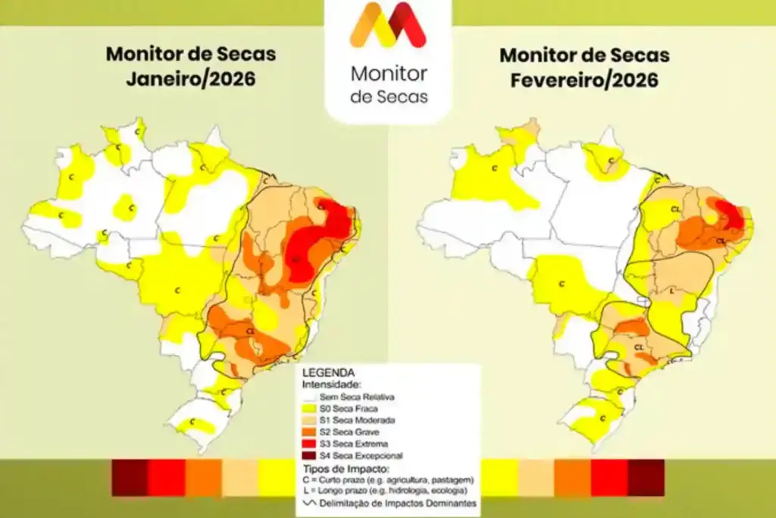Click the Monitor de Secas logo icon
click(x=387, y=25)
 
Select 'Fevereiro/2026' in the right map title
click(x=584, y=79)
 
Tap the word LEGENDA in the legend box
click(x=328, y=373)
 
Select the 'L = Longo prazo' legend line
click(x=387, y=491)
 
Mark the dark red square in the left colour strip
click(x=130, y=477)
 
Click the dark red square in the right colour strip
click(x=646, y=477)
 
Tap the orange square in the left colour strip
click(x=203, y=477)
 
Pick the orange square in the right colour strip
click(x=572, y=477)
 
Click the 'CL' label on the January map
click(x=250, y=331)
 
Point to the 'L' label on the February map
click(x=672, y=290)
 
